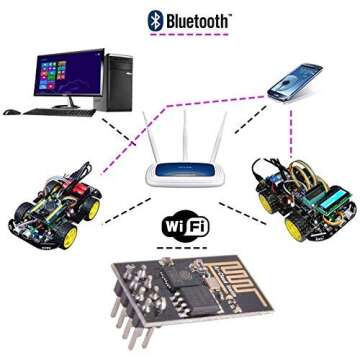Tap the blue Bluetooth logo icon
point(155,18)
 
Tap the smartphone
point(295,81)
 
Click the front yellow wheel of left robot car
point(68,239)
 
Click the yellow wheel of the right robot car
point(297,227)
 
